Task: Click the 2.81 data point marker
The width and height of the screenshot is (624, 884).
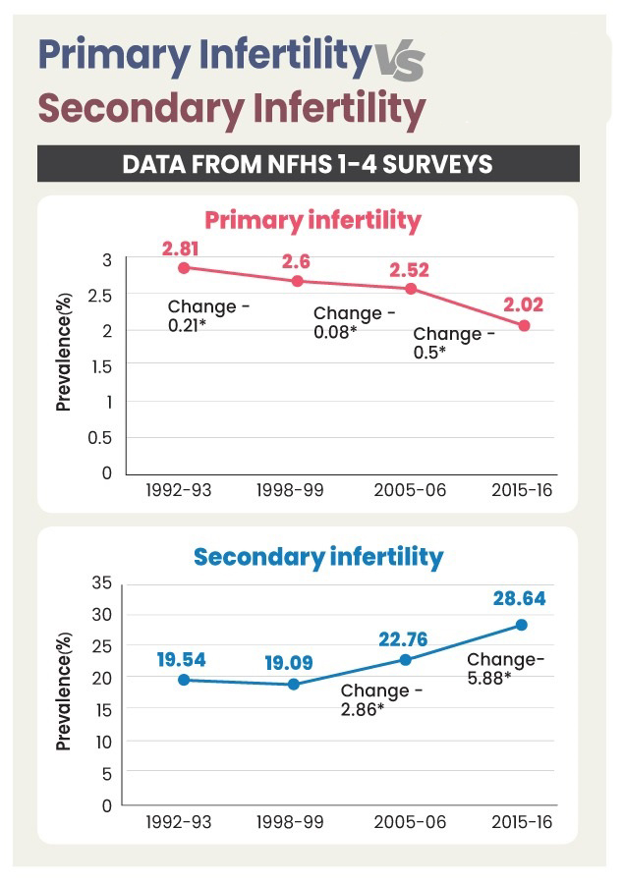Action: (x=183, y=267)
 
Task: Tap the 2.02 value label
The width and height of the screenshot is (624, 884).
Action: (x=524, y=304)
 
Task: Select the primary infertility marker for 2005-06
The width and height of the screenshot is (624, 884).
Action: (x=411, y=288)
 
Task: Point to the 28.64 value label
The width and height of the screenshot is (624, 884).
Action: (x=520, y=598)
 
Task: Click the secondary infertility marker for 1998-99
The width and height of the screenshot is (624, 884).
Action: (x=294, y=684)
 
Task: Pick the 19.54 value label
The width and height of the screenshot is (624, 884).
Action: (x=181, y=659)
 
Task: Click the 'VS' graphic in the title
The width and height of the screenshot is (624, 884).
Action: (x=399, y=62)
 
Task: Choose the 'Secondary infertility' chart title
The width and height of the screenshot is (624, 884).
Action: (x=318, y=558)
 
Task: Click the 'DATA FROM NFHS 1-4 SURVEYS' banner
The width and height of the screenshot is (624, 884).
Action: (x=308, y=163)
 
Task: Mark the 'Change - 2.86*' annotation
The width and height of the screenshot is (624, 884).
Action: (x=382, y=698)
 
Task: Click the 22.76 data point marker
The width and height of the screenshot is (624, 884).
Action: (x=405, y=659)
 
